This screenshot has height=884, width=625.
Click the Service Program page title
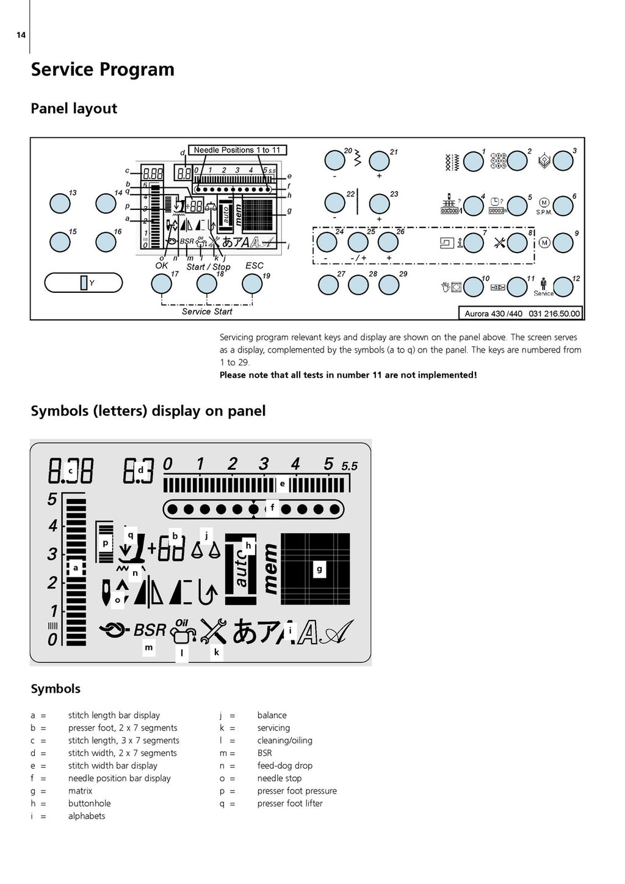(103, 70)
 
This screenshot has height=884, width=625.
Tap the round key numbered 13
(60, 203)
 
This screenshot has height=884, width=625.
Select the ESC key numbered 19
(252, 284)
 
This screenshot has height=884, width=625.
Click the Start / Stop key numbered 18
(207, 284)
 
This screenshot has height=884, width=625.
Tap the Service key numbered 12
(563, 287)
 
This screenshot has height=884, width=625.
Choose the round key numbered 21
(379, 161)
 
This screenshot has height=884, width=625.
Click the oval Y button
(84, 282)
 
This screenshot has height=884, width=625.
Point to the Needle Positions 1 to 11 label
(237, 150)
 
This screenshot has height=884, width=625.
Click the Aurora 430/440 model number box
(520, 313)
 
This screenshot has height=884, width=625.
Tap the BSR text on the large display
(150, 630)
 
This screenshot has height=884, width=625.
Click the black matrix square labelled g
(316, 569)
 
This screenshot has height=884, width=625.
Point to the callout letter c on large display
(71, 471)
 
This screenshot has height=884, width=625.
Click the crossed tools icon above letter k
(214, 631)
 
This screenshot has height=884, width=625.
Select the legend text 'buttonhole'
(89, 803)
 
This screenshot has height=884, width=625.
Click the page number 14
(21, 35)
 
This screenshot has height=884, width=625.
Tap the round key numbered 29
(389, 285)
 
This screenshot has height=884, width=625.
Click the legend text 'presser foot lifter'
(290, 803)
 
